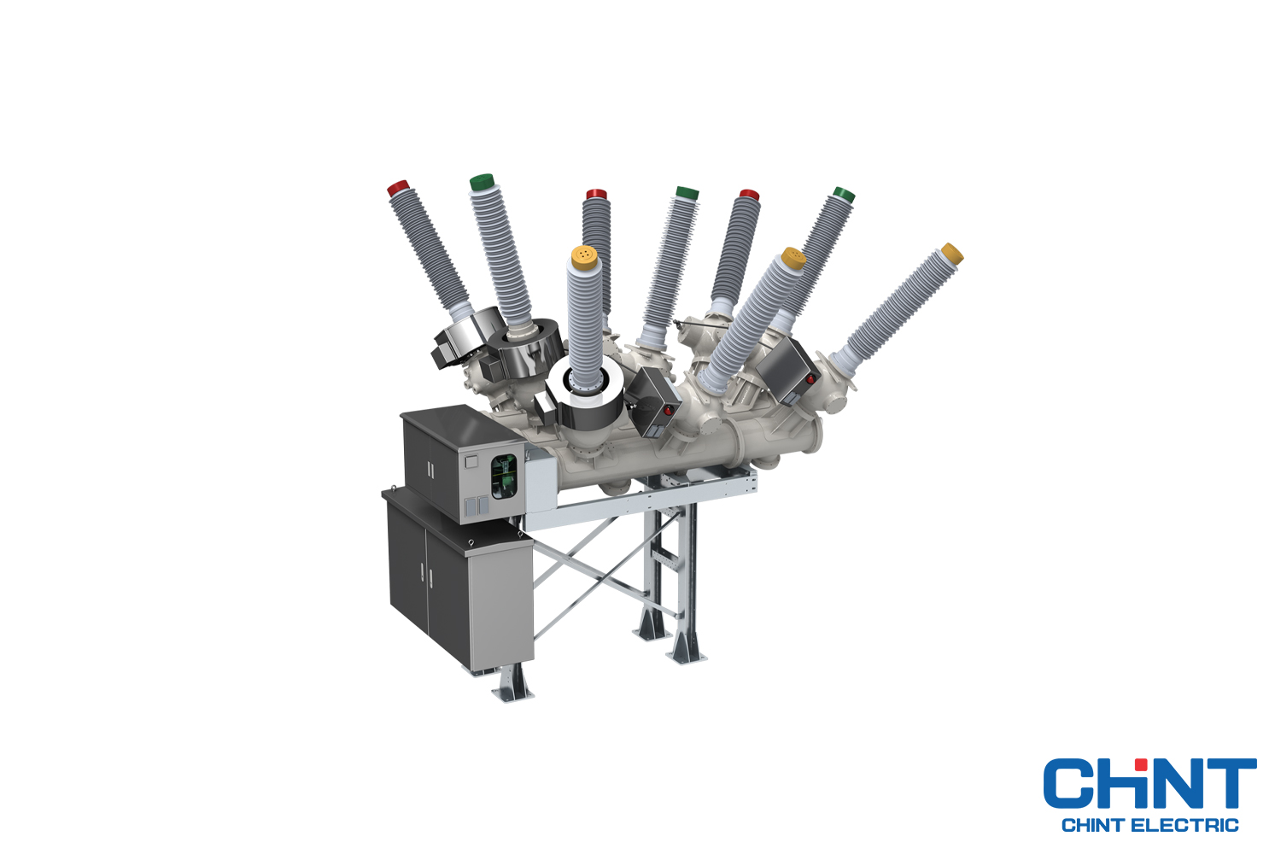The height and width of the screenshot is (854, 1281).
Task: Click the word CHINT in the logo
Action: (1149, 784)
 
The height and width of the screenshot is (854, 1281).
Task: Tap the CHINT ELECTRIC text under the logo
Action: (1149, 825)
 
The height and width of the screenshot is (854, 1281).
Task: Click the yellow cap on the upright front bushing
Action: (584, 255)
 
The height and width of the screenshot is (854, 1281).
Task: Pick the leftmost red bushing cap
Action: (398, 188)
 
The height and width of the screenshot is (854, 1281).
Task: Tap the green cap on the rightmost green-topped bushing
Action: (844, 195)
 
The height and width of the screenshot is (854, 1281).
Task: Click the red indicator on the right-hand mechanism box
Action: (810, 378)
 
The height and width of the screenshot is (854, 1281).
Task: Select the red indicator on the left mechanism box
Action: (669, 411)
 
